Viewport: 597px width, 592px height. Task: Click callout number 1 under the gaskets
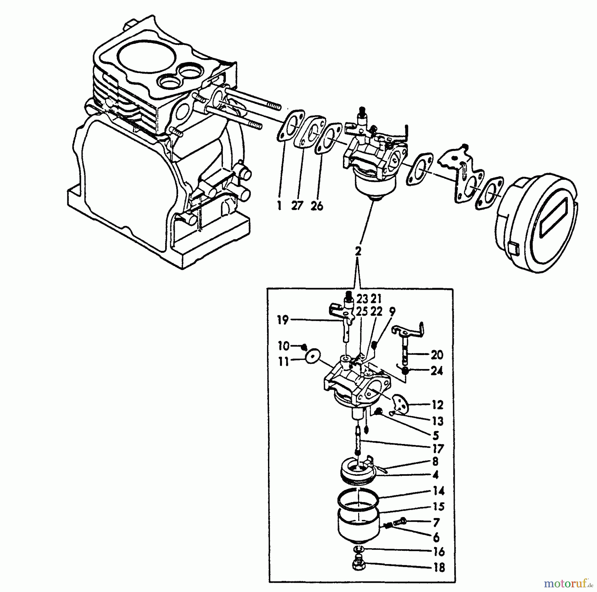coord(279,206)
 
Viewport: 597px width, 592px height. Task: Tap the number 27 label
coord(298,206)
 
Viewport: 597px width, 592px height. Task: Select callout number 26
coord(317,206)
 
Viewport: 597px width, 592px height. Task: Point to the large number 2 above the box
coord(358,251)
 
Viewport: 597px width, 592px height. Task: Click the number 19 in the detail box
coord(283,321)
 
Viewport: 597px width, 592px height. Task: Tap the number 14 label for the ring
coord(438,491)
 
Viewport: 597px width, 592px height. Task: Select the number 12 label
coord(437,405)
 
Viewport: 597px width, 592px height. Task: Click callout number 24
coord(436,371)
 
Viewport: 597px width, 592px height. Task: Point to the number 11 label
coord(284,362)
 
